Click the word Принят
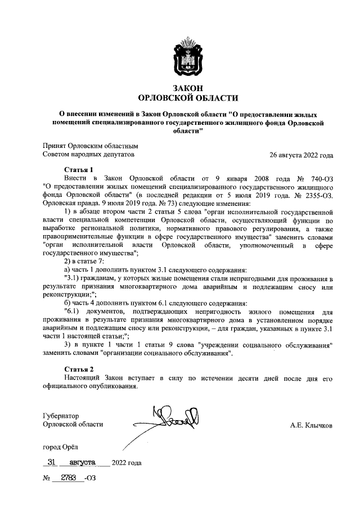pos(55,145)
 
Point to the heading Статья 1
pos(78,169)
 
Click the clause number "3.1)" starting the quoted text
pos(73,279)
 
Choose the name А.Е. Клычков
pos(310,426)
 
